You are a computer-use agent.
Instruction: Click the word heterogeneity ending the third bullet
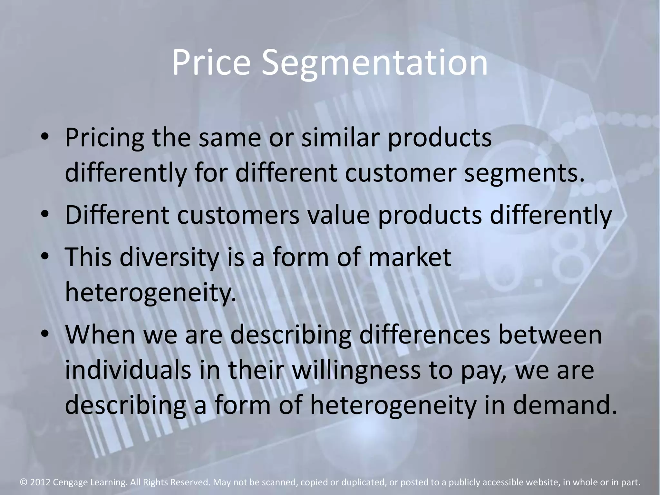click(150, 293)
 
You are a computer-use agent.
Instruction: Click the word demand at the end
click(565, 405)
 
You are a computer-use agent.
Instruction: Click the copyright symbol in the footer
click(24, 482)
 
